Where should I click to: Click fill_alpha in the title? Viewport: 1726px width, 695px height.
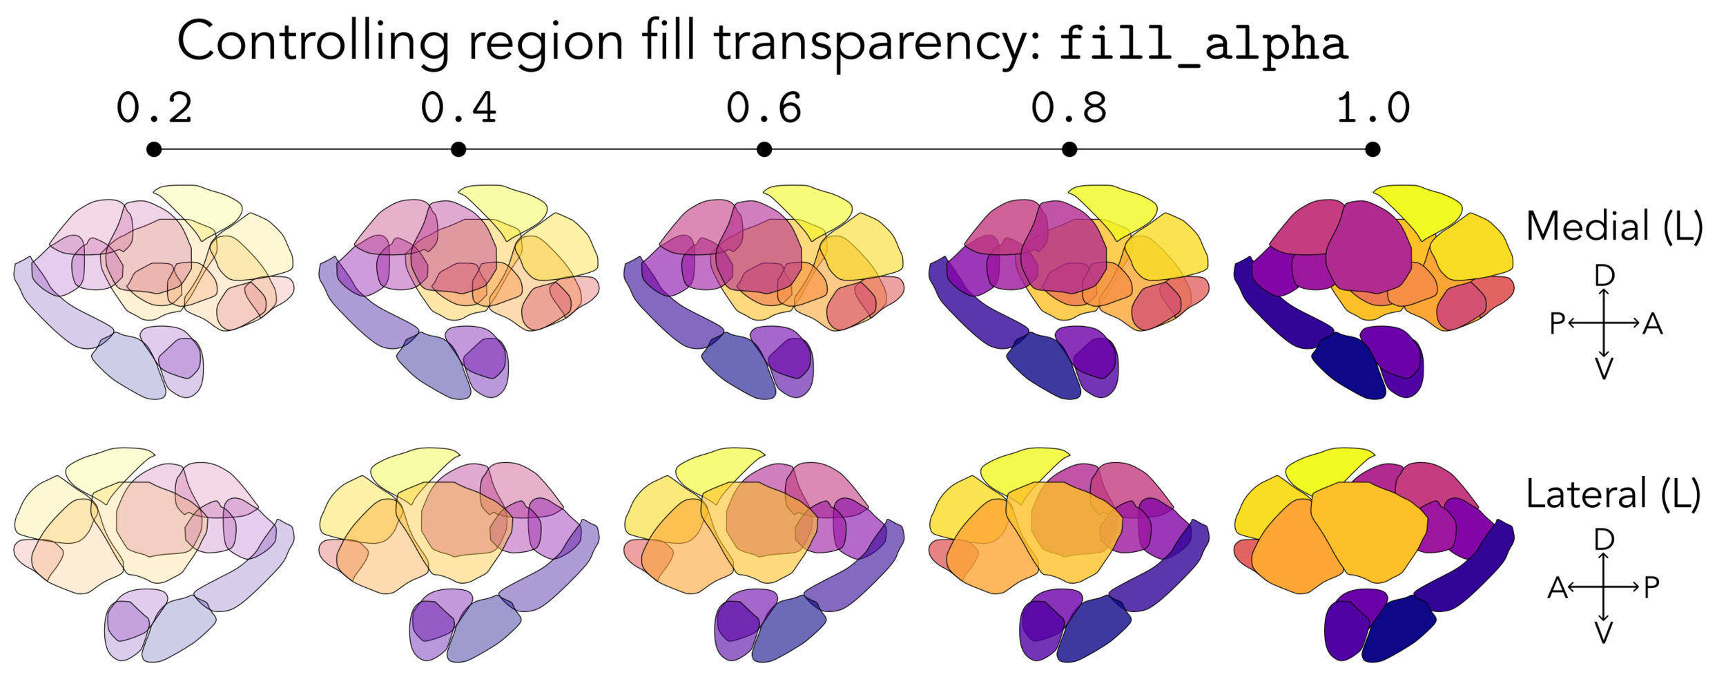pyautogui.click(x=1203, y=46)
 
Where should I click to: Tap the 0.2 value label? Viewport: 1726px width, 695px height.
pyautogui.click(x=154, y=108)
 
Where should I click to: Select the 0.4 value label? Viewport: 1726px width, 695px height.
pyautogui.click(x=458, y=108)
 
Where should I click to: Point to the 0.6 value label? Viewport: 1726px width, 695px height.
pyautogui.click(x=764, y=108)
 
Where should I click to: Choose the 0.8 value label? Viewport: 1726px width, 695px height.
pyautogui.click(x=1069, y=108)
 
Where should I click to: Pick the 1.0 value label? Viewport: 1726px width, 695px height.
pyautogui.click(x=1373, y=108)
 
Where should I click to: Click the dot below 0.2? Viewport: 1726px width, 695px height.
pyautogui.click(x=154, y=149)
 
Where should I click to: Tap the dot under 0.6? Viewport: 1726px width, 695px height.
pyautogui.click(x=764, y=149)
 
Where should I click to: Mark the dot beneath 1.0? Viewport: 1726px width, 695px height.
pyautogui.click(x=1373, y=149)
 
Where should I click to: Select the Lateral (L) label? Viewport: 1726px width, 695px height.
pyautogui.click(x=1613, y=495)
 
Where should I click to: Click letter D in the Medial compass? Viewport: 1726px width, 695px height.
pyautogui.click(x=1604, y=276)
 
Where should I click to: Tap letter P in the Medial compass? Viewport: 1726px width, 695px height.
pyautogui.click(x=1557, y=323)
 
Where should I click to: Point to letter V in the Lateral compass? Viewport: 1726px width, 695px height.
pyautogui.click(x=1604, y=633)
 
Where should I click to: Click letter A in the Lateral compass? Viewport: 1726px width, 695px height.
pyautogui.click(x=1558, y=588)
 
